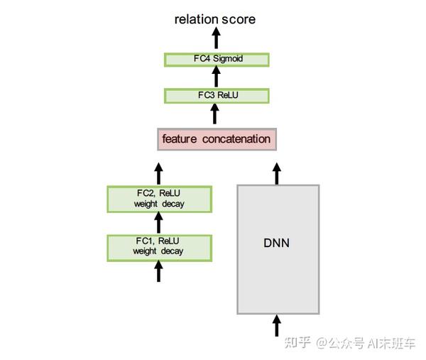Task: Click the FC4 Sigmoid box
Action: point(217,59)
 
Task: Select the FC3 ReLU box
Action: point(217,95)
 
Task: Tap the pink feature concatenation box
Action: point(217,139)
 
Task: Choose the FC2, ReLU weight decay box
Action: point(159,199)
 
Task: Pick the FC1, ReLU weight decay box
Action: point(159,246)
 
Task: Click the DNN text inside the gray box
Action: point(277,244)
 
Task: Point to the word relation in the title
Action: point(196,19)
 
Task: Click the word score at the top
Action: point(239,19)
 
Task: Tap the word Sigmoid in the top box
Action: point(229,59)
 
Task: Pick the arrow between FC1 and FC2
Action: point(159,222)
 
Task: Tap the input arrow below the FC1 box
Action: point(159,271)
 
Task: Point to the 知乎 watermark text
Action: point(297,343)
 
